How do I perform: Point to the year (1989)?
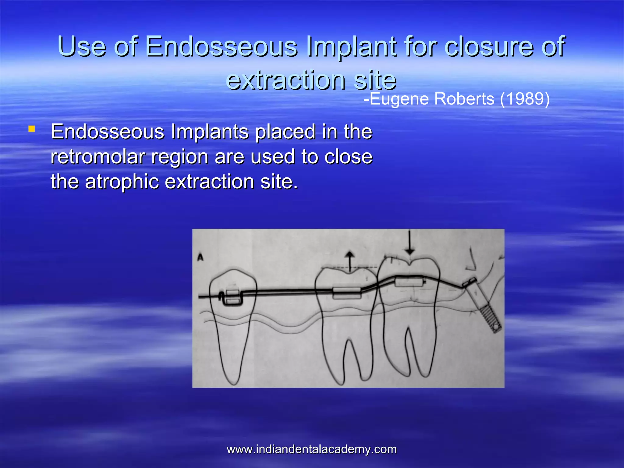point(525,99)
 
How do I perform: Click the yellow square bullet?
point(31,129)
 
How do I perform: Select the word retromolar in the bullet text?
point(98,157)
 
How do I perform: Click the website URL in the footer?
point(312,449)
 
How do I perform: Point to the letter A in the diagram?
point(200,257)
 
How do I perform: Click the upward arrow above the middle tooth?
point(350,261)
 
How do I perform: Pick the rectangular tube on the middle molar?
point(346,292)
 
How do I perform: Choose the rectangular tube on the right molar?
point(409,282)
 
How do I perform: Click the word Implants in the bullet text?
point(210,132)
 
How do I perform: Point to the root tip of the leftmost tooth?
point(234,382)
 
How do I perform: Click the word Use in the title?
point(82,46)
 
